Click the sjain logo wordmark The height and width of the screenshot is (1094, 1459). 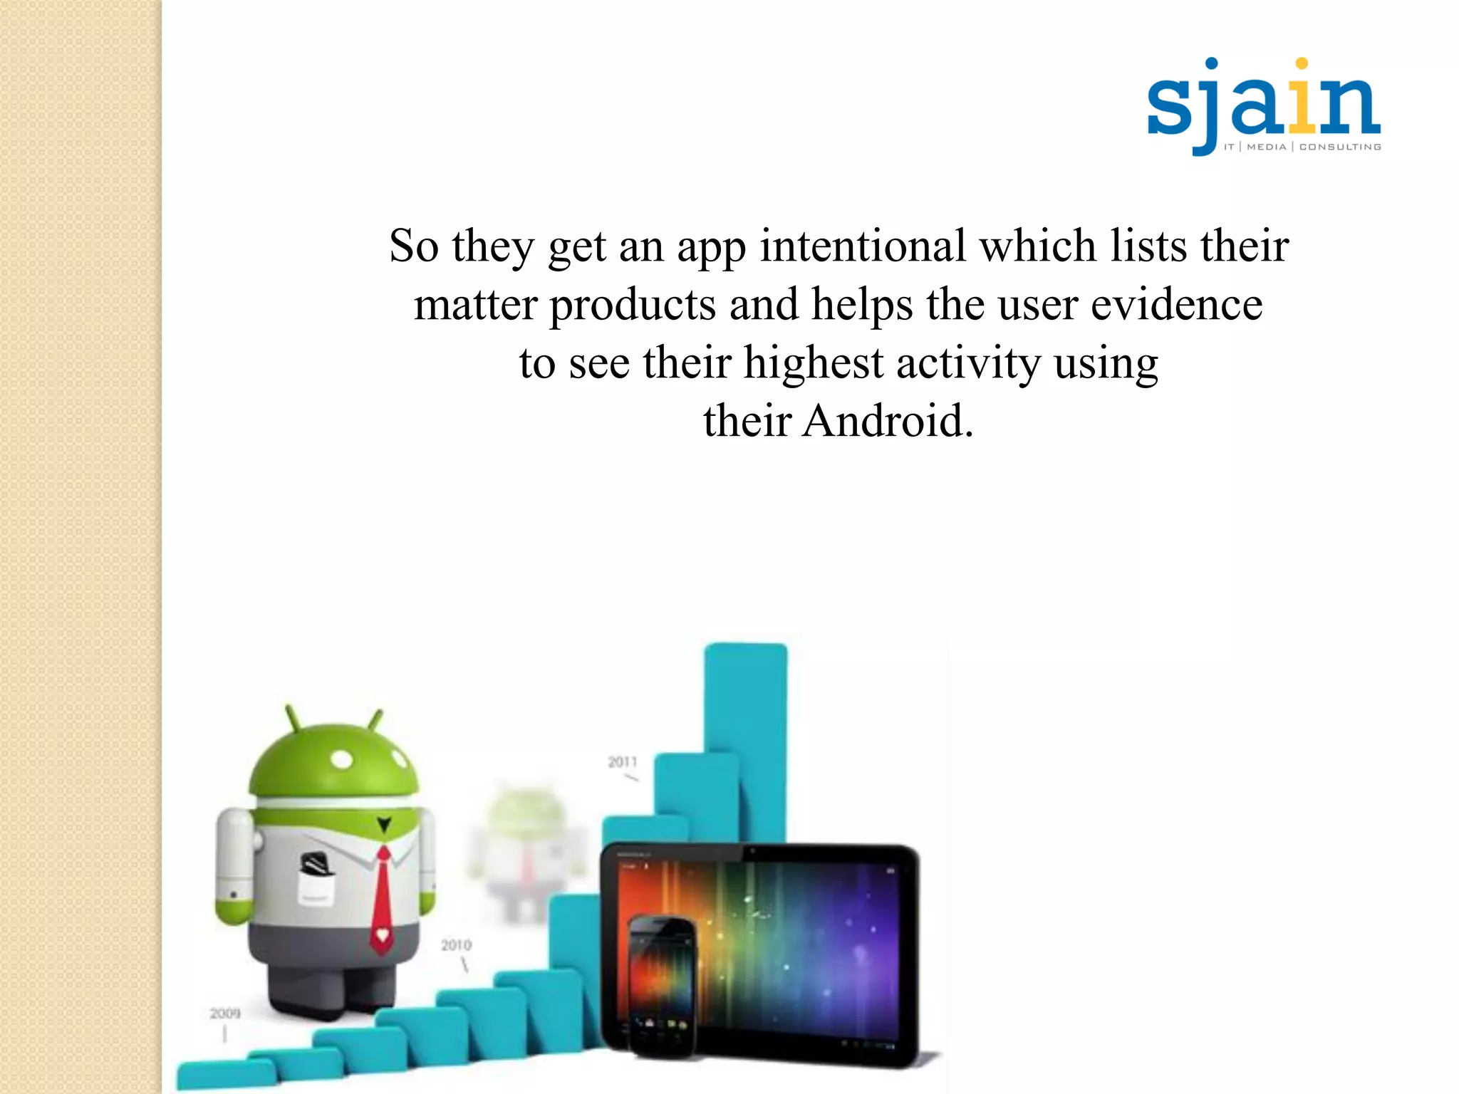[1263, 105]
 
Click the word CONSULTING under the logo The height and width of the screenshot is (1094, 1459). [1340, 147]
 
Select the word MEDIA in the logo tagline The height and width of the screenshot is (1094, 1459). [1267, 147]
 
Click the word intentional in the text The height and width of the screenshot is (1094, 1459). [863, 246]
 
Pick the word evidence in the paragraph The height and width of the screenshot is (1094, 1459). [1177, 305]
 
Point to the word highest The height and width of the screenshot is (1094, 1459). [814, 363]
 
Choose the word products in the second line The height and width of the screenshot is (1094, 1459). [633, 305]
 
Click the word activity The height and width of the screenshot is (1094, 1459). [968, 363]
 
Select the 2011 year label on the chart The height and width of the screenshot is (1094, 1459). [622, 762]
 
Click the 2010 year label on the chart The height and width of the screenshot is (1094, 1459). [456, 945]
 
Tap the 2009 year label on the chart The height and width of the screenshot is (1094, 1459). [225, 1013]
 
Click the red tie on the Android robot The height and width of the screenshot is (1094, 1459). [383, 897]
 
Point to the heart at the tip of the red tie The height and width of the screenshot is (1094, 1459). [383, 934]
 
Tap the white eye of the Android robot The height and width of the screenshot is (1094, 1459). [343, 759]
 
